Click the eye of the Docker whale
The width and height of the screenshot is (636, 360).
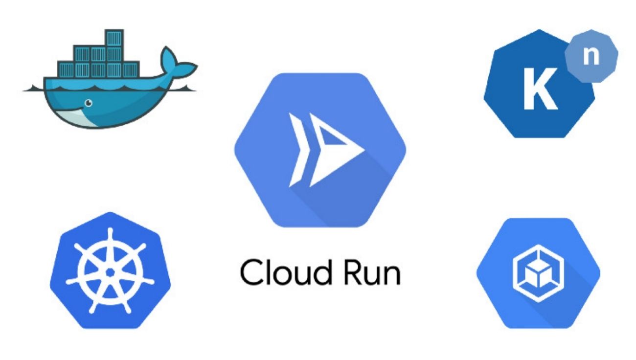(x=89, y=103)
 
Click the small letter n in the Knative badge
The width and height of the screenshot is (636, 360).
(x=592, y=56)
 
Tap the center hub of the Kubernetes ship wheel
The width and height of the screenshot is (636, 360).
(x=110, y=270)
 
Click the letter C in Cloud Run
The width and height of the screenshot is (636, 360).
(x=250, y=272)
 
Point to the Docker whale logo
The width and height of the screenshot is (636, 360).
(x=108, y=83)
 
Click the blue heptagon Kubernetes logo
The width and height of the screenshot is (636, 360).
(x=110, y=270)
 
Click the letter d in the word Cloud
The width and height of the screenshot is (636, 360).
(x=310, y=272)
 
